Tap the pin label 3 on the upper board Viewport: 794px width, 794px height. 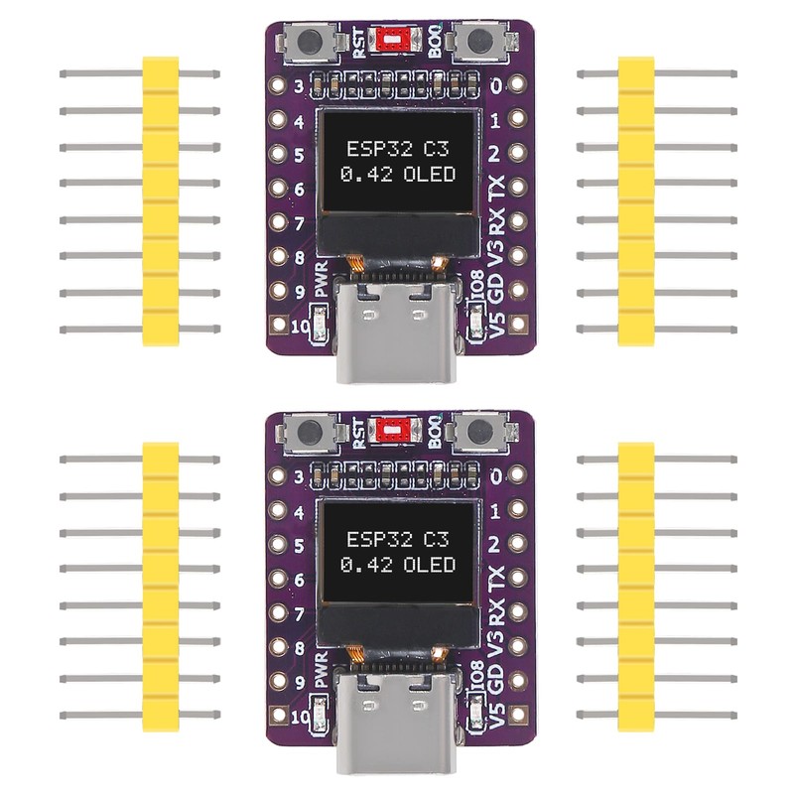point(297,87)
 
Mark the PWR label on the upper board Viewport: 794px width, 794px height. point(321,285)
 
